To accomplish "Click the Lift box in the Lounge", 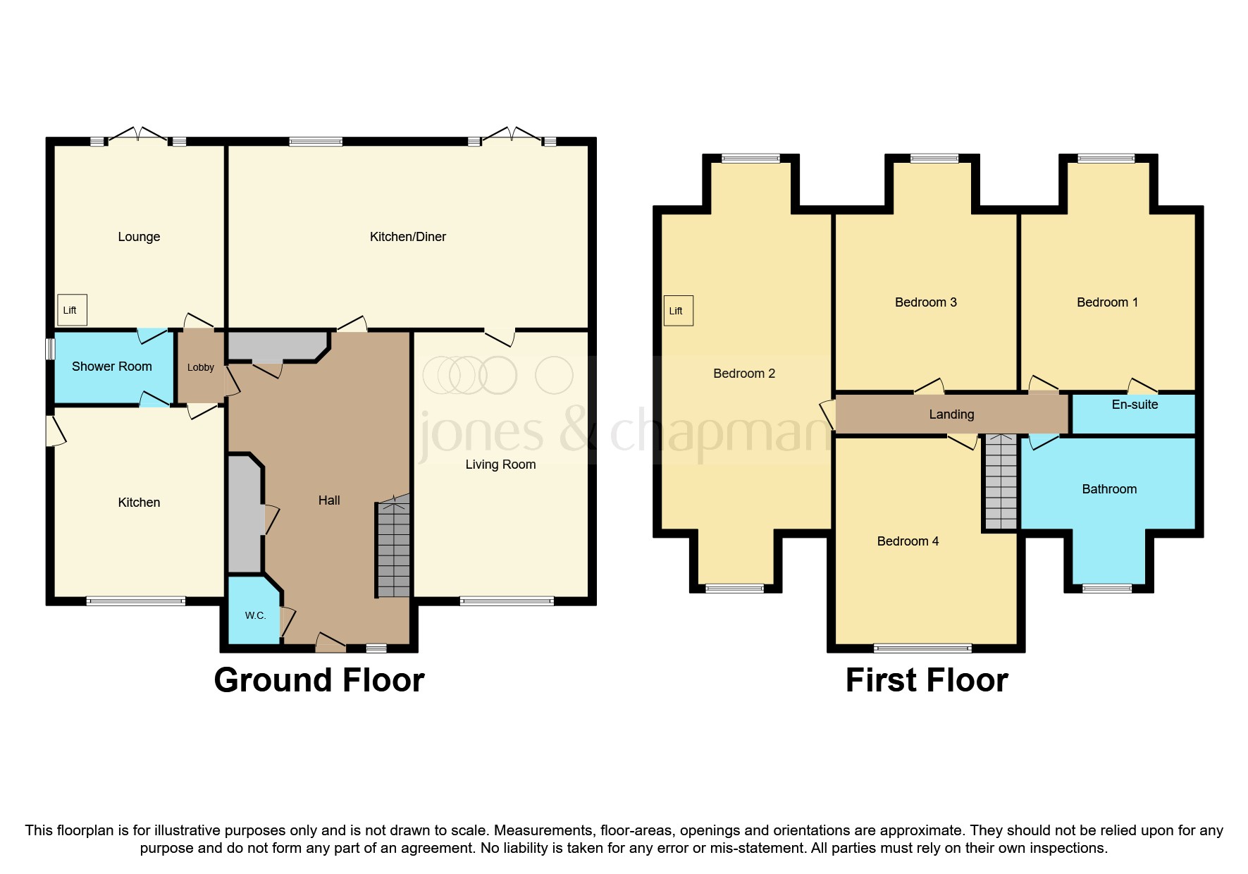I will pyautogui.click(x=71, y=310).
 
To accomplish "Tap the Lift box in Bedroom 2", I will pyautogui.click(x=678, y=311).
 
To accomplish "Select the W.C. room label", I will pyautogui.click(x=255, y=615).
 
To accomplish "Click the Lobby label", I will pyautogui.click(x=201, y=367).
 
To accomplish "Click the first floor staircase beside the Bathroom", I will pyautogui.click(x=1001, y=484).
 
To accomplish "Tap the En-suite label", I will pyautogui.click(x=1135, y=405).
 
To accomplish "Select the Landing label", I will pyautogui.click(x=951, y=414).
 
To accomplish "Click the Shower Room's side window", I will pyautogui.click(x=50, y=350).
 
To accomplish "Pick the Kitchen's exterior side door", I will pyautogui.click(x=54, y=431).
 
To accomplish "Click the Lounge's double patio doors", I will pyautogui.click(x=138, y=135).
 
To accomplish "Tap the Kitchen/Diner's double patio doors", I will pyautogui.click(x=512, y=135).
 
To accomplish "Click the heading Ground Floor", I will pyautogui.click(x=319, y=680).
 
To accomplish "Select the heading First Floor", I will pyautogui.click(x=926, y=680).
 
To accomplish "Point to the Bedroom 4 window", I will pyautogui.click(x=922, y=648).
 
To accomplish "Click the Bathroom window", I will pyautogui.click(x=1106, y=588).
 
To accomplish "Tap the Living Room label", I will pyautogui.click(x=500, y=464).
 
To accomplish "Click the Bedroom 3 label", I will pyautogui.click(x=925, y=302).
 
